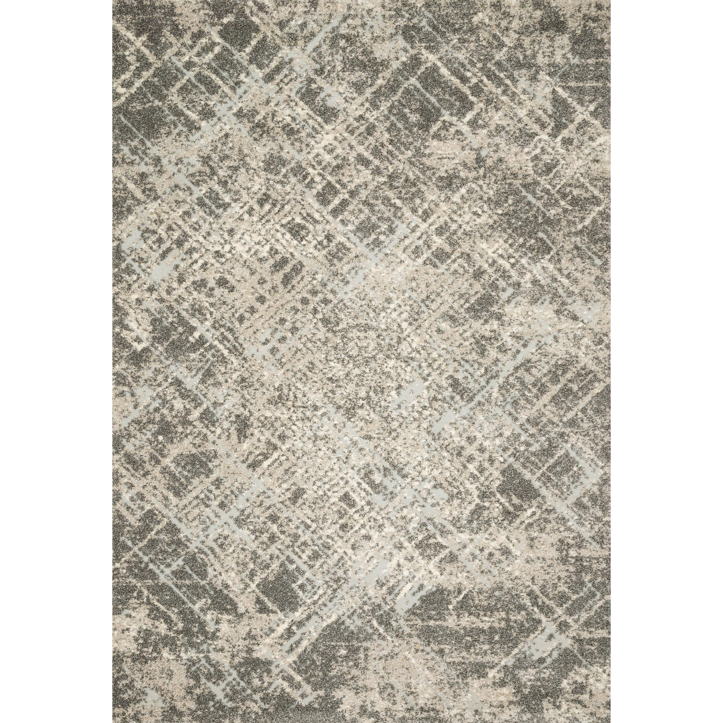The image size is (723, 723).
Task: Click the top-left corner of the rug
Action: pos(113,1)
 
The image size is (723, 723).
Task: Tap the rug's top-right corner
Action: pos(610,1)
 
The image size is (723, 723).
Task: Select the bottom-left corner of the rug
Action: pos(113,722)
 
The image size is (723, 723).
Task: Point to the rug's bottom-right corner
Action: pos(610,722)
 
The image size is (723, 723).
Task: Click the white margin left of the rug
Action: pos(56,361)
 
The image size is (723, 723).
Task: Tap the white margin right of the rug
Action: pos(666,361)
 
